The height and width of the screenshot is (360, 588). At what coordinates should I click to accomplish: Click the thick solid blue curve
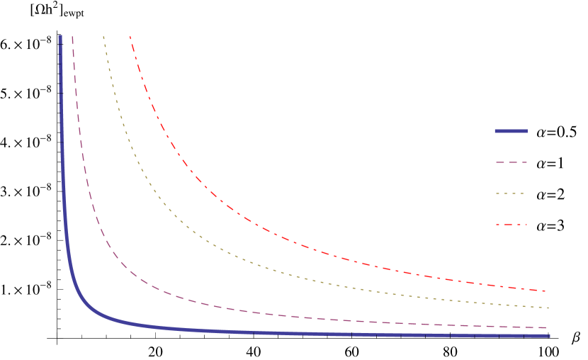coord(213,331)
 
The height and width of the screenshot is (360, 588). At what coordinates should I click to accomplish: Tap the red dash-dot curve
coord(213,193)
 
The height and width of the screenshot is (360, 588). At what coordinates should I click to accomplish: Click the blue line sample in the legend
coord(511,131)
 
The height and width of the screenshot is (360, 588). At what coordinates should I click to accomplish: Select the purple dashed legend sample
coord(511,162)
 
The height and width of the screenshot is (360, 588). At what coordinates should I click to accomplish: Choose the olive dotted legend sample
coord(510,193)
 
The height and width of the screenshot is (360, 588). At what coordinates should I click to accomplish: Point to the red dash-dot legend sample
coord(511,225)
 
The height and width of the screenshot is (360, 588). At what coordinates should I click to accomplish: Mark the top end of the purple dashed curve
coord(72,37)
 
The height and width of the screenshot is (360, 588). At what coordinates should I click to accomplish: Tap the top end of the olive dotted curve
coord(103,37)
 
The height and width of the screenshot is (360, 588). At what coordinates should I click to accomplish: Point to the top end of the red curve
coord(130,37)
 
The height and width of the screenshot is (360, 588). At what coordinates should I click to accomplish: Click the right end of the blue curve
coord(548,336)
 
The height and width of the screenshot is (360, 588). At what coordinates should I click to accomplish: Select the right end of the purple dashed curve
coord(547,328)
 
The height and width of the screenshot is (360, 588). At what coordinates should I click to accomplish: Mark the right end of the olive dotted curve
coord(548,308)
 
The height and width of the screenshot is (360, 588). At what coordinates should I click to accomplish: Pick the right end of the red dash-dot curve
coord(546,291)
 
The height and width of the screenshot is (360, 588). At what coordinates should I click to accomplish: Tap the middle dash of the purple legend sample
coord(511,162)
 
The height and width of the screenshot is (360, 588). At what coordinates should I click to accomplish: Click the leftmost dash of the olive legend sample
coord(497,193)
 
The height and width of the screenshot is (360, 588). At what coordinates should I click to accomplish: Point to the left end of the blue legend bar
coord(496,131)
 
